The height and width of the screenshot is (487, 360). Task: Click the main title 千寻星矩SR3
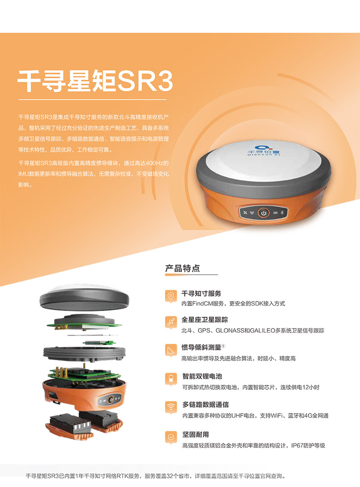pos(95,81)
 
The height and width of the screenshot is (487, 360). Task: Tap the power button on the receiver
pos(263,213)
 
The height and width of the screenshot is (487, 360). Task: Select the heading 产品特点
pos(183,268)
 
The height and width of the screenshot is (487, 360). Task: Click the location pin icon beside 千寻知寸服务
pos(171,296)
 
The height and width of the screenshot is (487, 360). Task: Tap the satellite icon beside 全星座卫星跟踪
pos(171,322)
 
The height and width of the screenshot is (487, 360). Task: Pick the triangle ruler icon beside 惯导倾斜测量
pos(171,350)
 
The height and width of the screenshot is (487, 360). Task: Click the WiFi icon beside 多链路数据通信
pos(171,407)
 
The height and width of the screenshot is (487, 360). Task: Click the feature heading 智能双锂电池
pos(202,376)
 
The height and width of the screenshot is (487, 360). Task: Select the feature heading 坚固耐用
pos(195,434)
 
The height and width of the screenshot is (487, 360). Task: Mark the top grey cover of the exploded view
pos(84,298)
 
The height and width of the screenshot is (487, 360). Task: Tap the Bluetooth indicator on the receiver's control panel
pos(282,213)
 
